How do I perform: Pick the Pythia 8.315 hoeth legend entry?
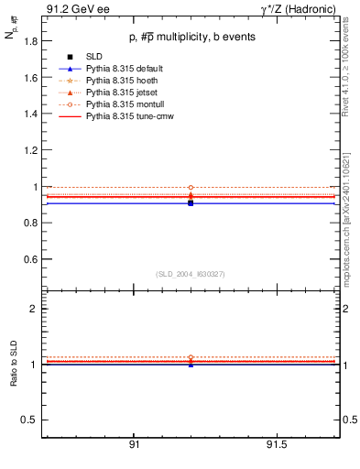(115, 82)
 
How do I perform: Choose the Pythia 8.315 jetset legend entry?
(115, 93)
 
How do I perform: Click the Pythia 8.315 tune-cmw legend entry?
(122, 117)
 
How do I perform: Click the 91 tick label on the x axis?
(134, 445)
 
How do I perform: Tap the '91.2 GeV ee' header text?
(70, 9)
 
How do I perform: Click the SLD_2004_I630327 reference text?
(191, 274)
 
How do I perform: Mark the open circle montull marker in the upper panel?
(191, 187)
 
